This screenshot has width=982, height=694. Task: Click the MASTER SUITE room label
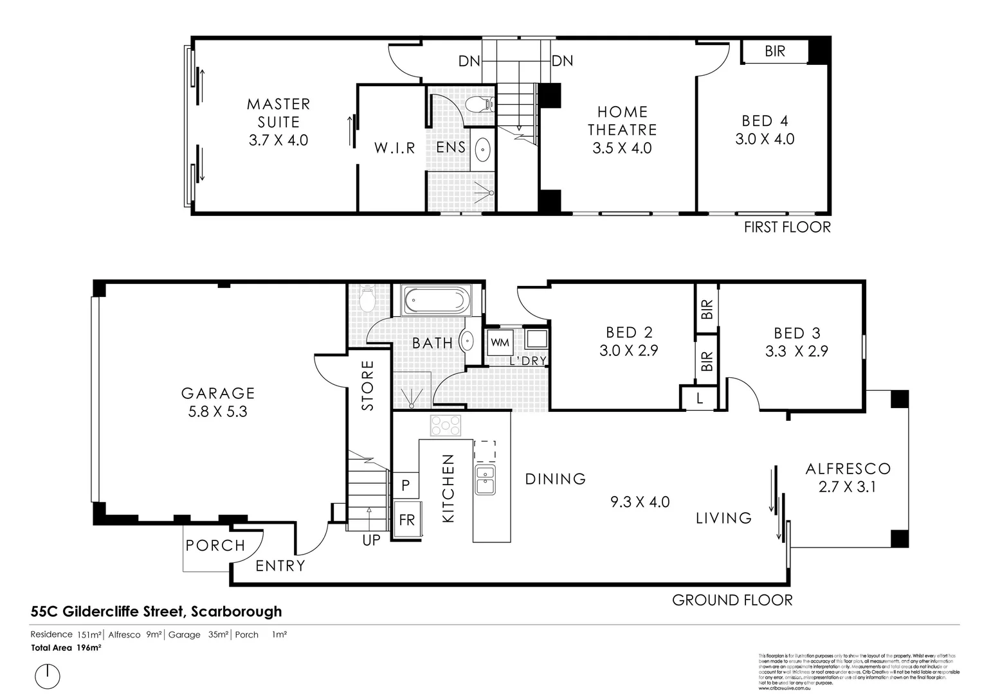[x=278, y=112]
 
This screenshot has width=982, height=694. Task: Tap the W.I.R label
[x=395, y=148]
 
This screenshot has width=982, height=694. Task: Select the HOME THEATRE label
[x=622, y=121]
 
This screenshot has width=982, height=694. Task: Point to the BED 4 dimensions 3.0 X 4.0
[x=765, y=139]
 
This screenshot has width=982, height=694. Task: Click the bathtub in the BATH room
[x=435, y=301]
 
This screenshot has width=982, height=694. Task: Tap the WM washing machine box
[x=500, y=343]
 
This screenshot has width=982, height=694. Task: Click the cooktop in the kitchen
[x=445, y=425]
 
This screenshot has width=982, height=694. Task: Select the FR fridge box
[x=406, y=519]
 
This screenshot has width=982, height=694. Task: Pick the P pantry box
[x=405, y=485]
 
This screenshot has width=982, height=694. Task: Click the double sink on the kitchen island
[x=485, y=480]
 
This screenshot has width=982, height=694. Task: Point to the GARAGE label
[x=218, y=393]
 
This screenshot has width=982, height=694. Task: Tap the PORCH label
[x=215, y=546]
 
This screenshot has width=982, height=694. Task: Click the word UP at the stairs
[x=371, y=540]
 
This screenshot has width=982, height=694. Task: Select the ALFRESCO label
[x=848, y=469]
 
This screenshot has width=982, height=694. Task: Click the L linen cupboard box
[x=699, y=398]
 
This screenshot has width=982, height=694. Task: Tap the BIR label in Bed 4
[x=775, y=51]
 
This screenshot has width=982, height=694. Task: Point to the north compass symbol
[x=48, y=676]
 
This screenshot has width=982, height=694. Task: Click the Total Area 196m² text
[x=66, y=648]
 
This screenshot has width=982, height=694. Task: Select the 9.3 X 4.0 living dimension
[x=640, y=502]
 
